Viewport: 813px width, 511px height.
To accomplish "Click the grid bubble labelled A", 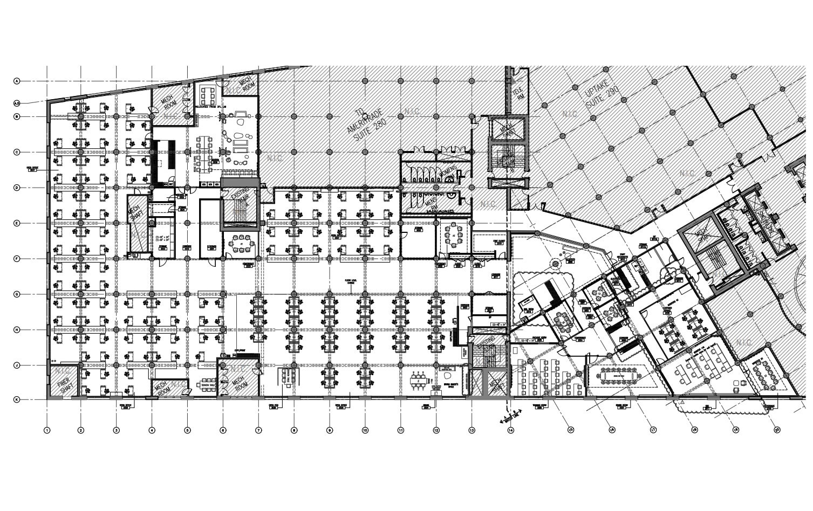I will point(17,81).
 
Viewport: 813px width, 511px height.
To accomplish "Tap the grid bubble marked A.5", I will point(17,103).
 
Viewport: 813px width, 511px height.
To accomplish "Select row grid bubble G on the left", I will point(17,294).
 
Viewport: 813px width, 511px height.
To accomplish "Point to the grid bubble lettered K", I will point(17,399).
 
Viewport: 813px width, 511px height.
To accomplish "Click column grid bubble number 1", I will point(47,430).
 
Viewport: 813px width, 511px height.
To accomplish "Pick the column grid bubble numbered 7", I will point(258,430).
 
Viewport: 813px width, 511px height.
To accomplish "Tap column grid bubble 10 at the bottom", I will point(365,430).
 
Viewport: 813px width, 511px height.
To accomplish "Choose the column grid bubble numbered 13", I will point(472,430).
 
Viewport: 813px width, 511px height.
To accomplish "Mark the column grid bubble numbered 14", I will point(510,430).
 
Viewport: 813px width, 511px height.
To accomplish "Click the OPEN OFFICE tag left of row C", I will point(32,168).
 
